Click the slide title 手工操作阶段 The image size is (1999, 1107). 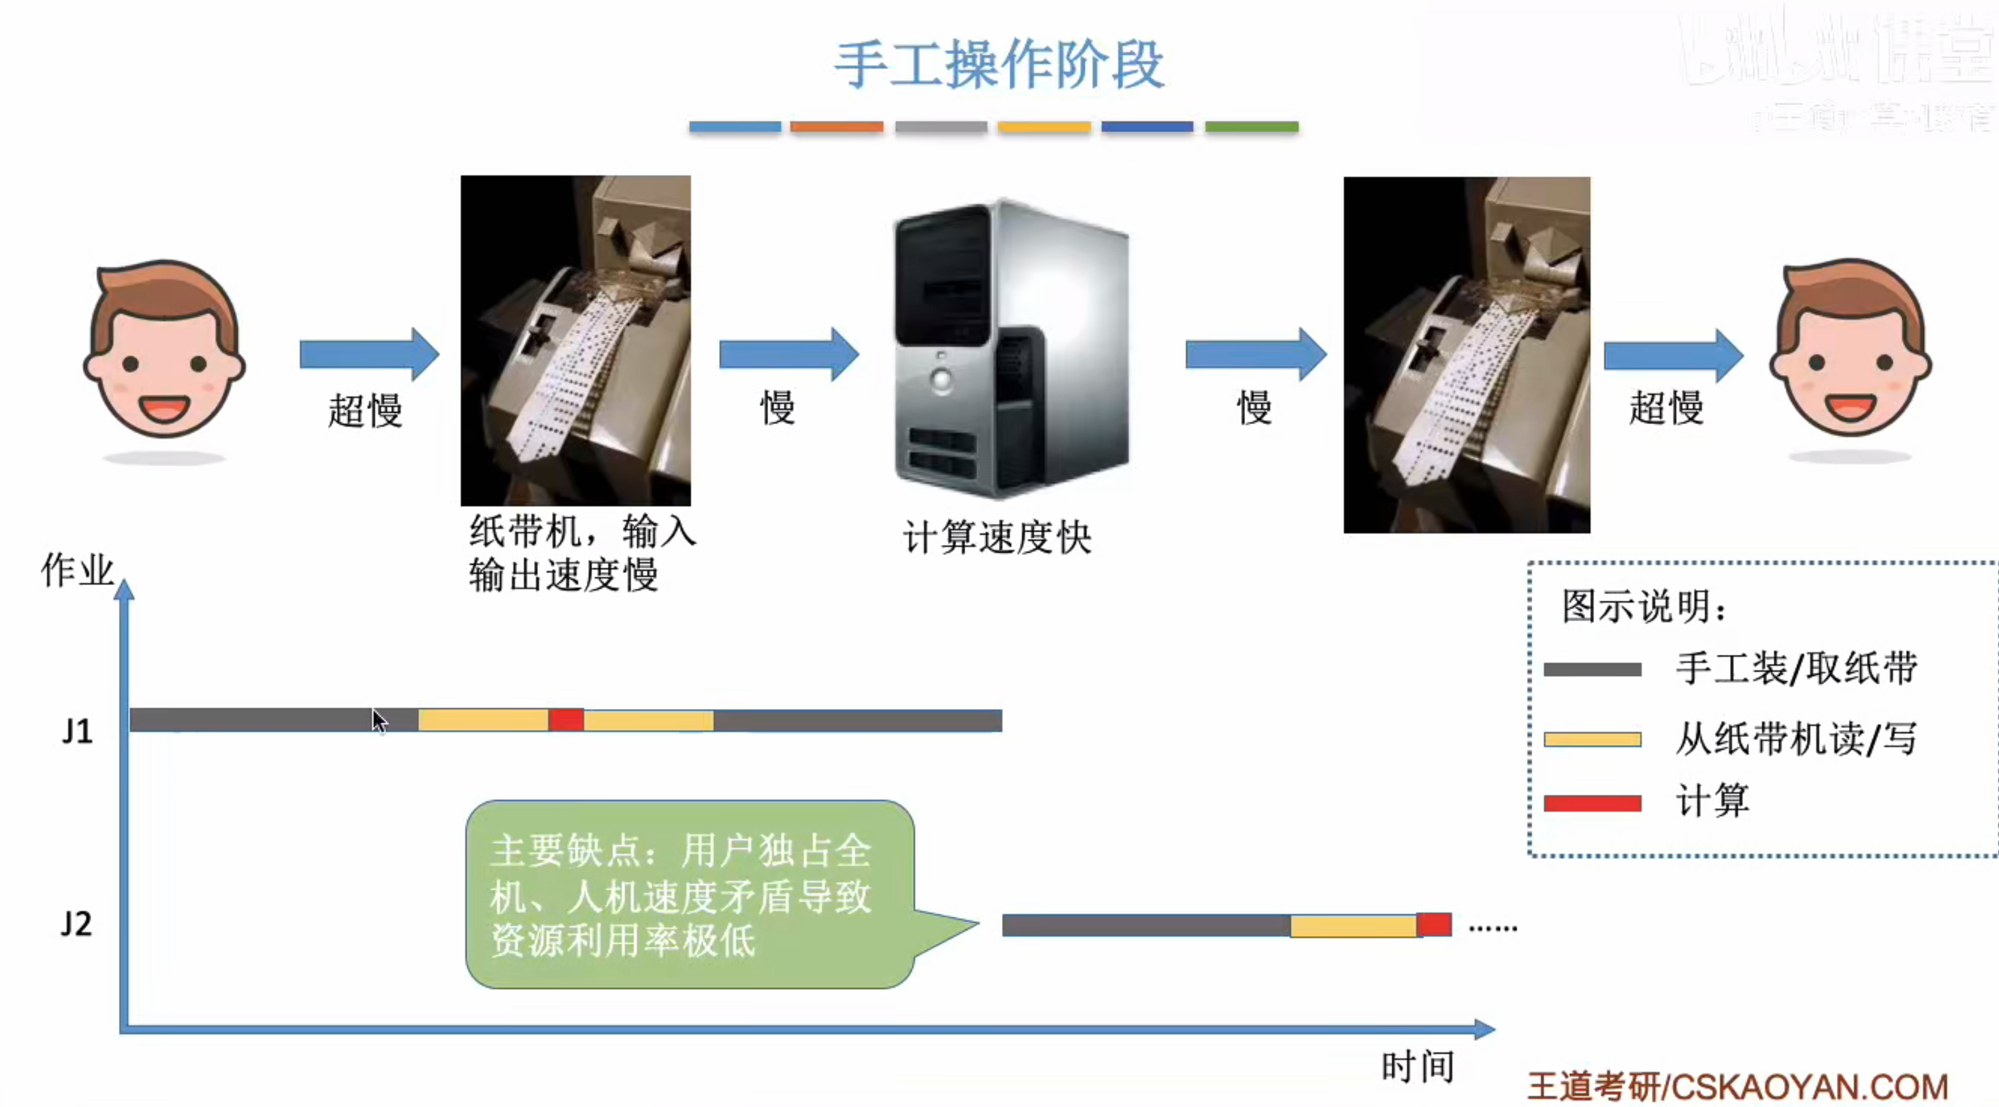tap(999, 65)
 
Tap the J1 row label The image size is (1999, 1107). tap(78, 731)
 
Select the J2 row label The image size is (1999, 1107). tap(76, 924)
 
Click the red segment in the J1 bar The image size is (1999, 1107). tap(567, 720)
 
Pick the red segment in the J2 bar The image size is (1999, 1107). tap(1434, 925)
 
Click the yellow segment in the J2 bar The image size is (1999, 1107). tap(1354, 925)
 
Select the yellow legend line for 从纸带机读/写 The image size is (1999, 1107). tap(1592, 739)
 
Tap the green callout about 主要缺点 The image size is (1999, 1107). tap(689, 894)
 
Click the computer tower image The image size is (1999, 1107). tap(1010, 349)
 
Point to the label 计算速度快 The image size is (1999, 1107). tap(997, 537)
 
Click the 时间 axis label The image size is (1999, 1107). tap(1417, 1067)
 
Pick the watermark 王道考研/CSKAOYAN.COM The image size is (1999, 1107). tap(1738, 1086)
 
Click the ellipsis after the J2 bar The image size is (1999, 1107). tap(1492, 928)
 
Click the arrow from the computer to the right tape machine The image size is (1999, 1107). tap(1256, 355)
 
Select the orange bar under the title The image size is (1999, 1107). tap(837, 127)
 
